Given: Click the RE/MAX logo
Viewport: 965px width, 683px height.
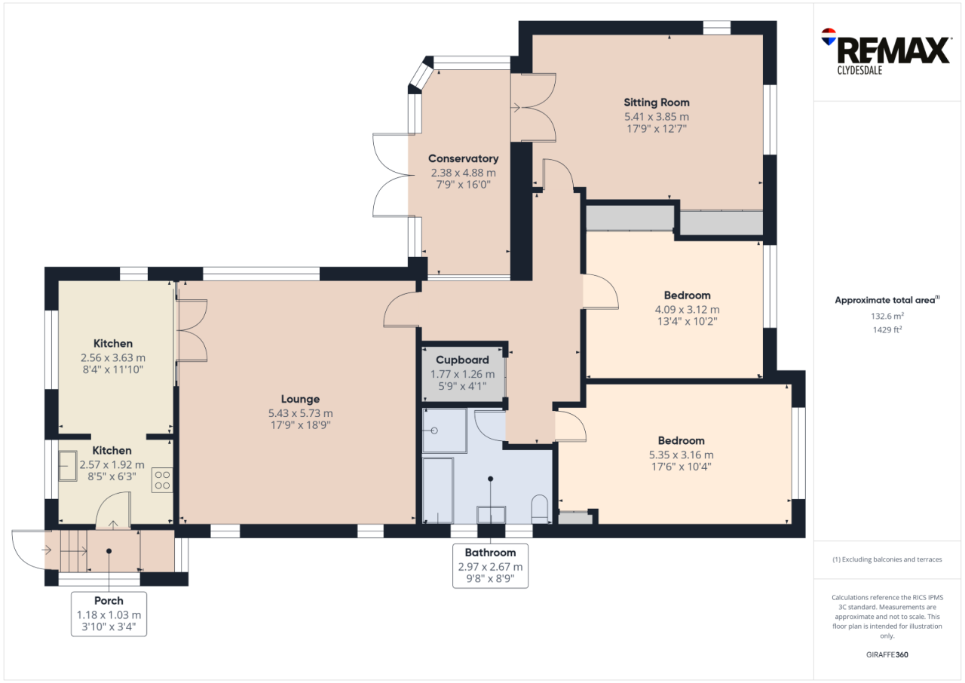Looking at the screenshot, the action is (886, 51).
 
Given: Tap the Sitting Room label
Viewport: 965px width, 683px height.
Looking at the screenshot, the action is (657, 103).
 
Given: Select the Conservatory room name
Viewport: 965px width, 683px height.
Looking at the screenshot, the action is (463, 158).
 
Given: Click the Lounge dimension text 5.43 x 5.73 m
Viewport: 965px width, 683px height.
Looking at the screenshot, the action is (300, 413).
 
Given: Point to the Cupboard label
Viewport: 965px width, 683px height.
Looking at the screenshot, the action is (462, 360).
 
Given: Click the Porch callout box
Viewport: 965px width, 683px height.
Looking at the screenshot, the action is (109, 614).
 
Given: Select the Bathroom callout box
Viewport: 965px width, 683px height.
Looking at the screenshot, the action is (490, 565).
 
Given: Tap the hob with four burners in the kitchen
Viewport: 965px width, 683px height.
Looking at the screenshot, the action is (162, 480).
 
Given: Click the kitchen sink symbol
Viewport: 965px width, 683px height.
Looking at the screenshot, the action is (68, 466).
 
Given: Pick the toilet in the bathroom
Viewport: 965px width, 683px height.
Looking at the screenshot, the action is (540, 509).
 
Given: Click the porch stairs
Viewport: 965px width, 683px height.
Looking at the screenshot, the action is (74, 551).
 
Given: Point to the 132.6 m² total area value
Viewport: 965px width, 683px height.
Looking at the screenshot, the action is (887, 316).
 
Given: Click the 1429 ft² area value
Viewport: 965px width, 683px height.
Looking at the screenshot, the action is (887, 330).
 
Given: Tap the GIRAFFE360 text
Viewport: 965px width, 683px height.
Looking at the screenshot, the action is (887, 654).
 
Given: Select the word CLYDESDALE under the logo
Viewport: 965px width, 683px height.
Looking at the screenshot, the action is (859, 70).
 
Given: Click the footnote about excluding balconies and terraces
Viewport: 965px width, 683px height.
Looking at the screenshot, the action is (887, 559).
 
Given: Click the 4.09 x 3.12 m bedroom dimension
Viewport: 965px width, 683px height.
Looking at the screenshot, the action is (687, 309).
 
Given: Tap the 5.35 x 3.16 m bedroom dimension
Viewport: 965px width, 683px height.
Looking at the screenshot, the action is (681, 455).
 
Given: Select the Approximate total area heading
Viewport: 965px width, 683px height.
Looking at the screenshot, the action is (887, 300).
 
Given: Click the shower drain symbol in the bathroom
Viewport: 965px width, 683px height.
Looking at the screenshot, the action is (434, 430).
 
